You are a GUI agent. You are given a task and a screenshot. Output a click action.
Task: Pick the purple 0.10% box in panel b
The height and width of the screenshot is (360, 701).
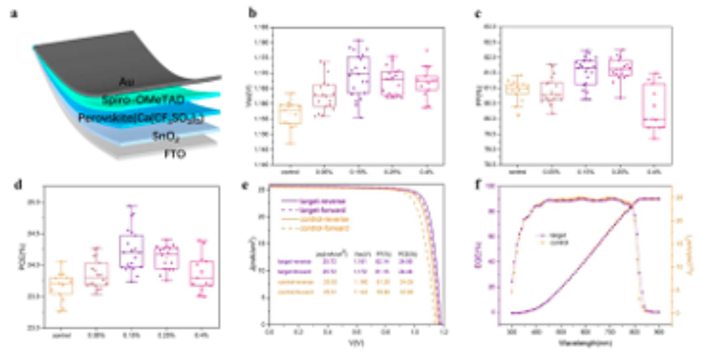coord(358,74)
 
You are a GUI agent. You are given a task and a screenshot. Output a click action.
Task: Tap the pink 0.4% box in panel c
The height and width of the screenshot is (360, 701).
coord(655,105)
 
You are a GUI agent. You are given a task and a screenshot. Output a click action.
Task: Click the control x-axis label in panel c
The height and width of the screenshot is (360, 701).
coord(517,173)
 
